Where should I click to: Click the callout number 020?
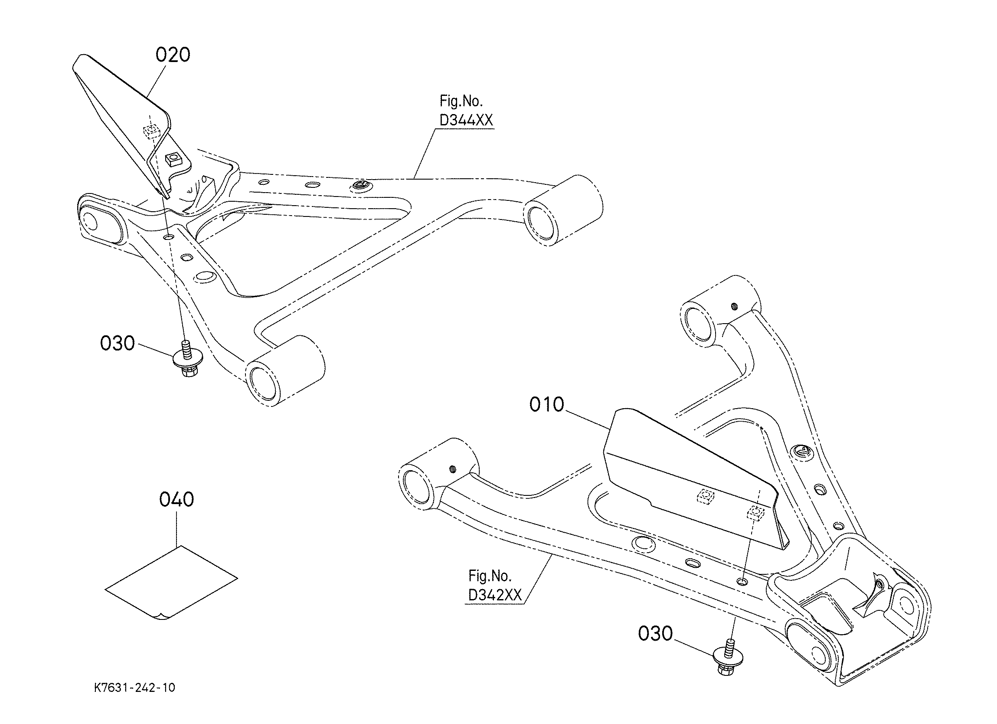tap(173, 55)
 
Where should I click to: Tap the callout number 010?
tap(546, 405)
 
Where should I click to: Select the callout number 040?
tap(176, 500)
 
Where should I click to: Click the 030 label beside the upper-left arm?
tap(118, 344)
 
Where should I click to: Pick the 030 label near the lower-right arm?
tap(655, 634)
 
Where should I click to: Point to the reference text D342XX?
tap(494, 595)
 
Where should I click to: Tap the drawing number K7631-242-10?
tap(134, 688)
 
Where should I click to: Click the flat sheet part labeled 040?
tap(171, 583)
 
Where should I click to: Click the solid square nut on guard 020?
tap(173, 160)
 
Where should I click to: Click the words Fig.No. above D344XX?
tap(461, 101)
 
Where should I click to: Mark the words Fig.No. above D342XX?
tap(490, 576)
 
